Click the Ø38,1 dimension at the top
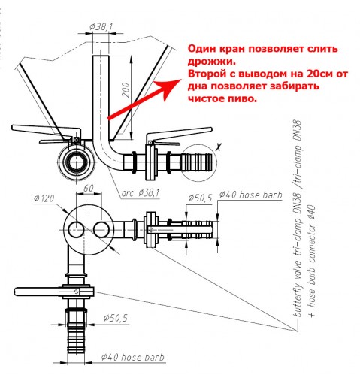[x=101, y=27]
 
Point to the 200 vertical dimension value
[x=126, y=89]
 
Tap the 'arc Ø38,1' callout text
[x=141, y=193]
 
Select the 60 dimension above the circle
[x=88, y=188]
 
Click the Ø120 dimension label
[x=44, y=198]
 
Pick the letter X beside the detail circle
[x=219, y=147]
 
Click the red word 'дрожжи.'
[x=212, y=62]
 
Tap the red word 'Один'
[x=202, y=48]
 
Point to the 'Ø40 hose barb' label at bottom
[x=133, y=357]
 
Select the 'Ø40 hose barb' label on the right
[x=251, y=195]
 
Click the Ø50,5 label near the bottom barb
[x=116, y=319]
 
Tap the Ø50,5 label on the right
[x=200, y=198]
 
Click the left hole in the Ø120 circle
[x=76, y=230]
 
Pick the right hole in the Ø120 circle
[x=101, y=230]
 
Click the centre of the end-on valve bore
[x=75, y=163]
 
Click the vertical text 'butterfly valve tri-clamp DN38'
[x=298, y=219]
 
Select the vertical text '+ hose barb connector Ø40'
[x=311, y=261]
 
